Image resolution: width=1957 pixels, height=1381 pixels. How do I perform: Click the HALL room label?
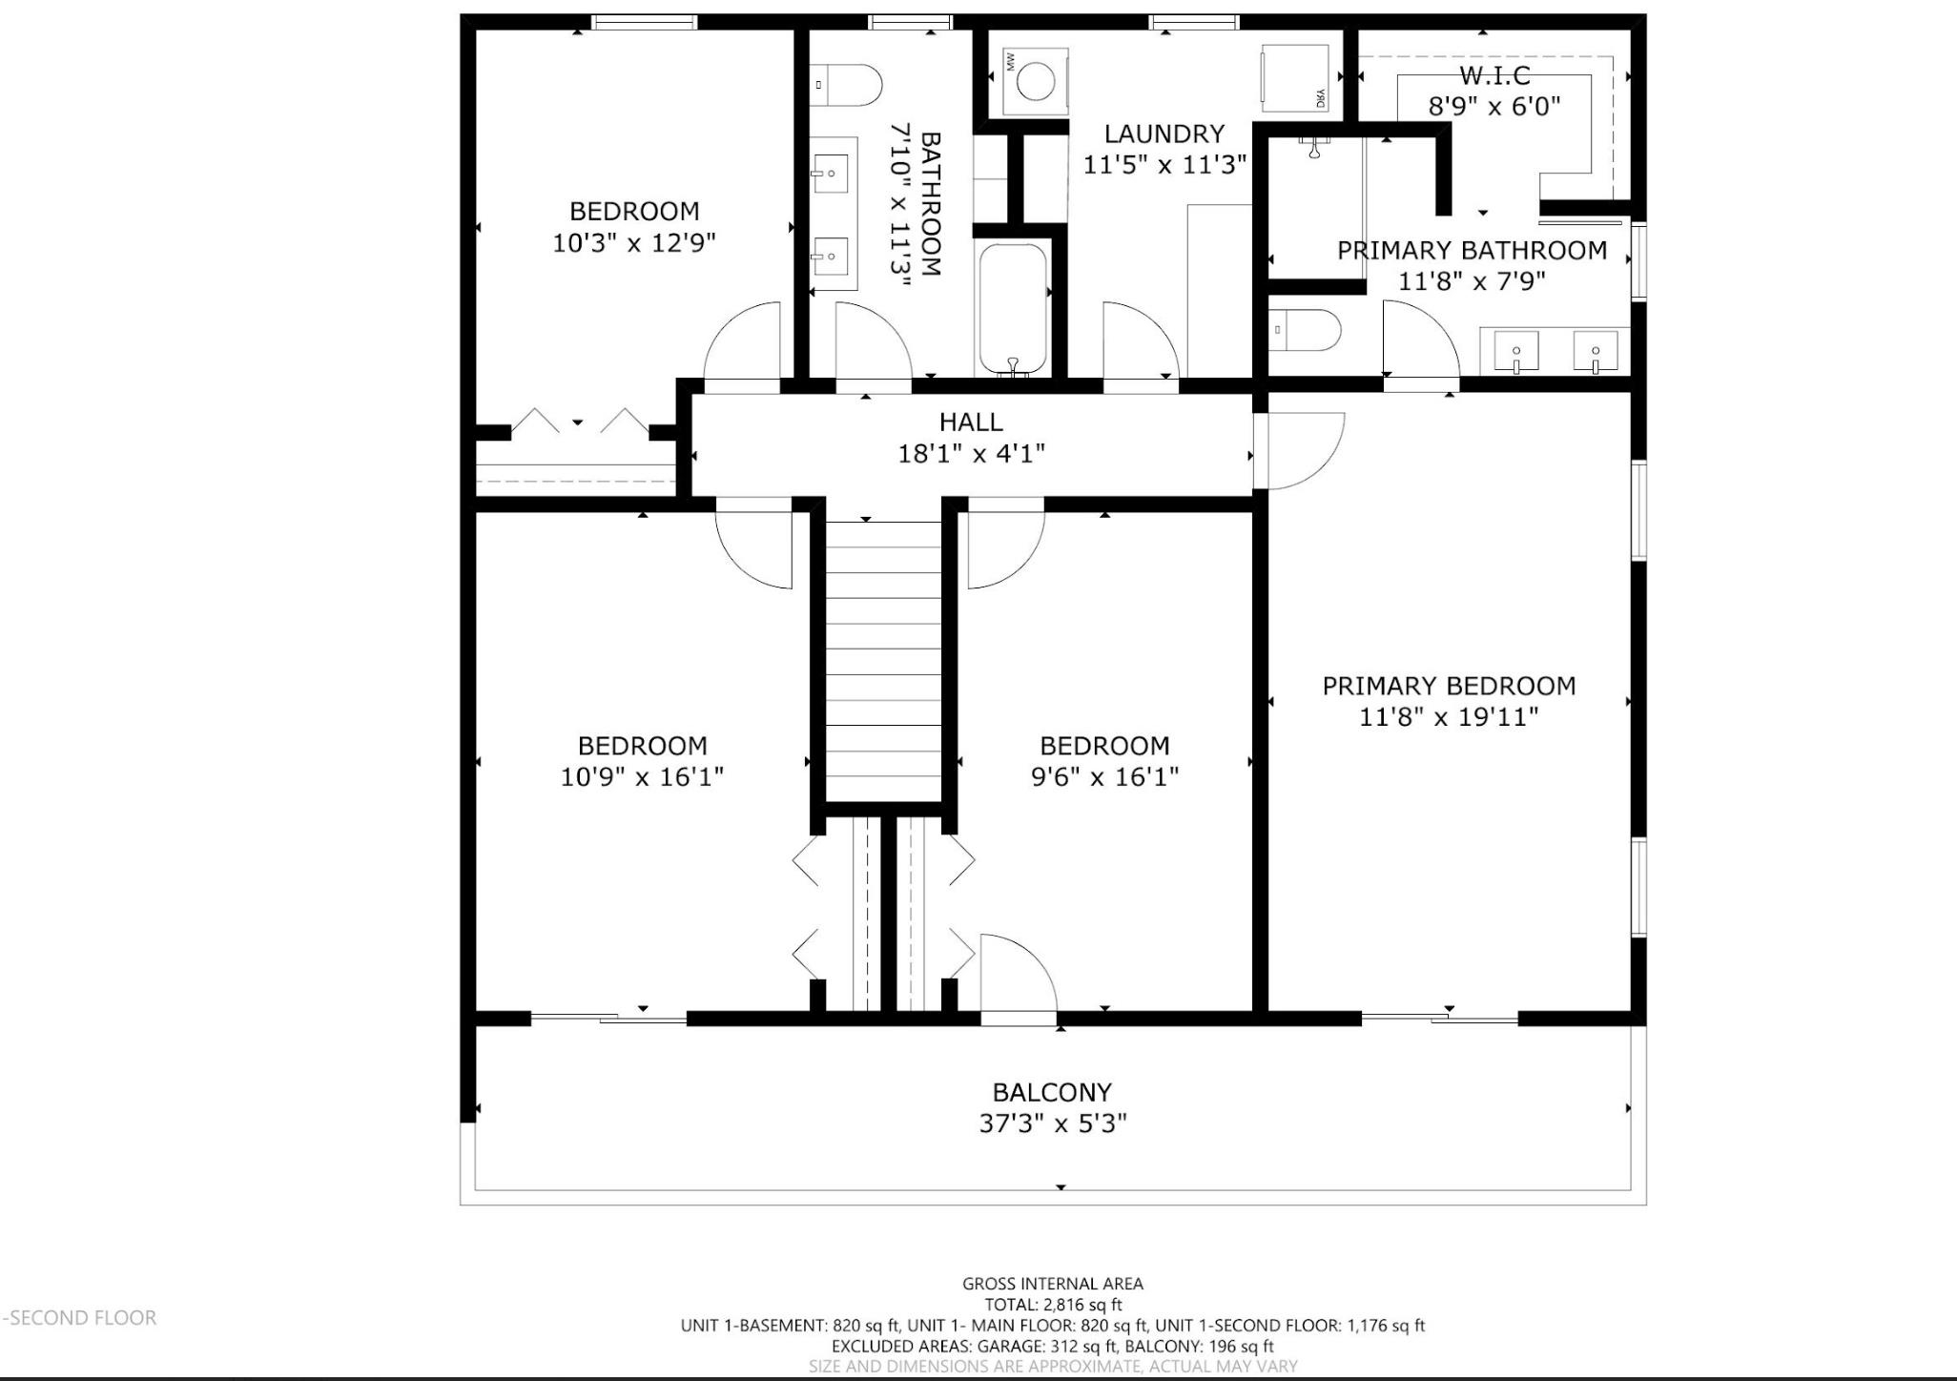pyautogui.click(x=971, y=422)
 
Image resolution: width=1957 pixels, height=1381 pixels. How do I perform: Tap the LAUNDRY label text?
pyautogui.click(x=1164, y=134)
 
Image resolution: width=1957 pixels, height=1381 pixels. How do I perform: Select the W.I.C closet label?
pyautogui.click(x=1494, y=75)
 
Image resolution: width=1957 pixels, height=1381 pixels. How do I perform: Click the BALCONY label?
pyautogui.click(x=1052, y=1092)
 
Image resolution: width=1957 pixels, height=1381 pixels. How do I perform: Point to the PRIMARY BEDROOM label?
pyautogui.click(x=1449, y=686)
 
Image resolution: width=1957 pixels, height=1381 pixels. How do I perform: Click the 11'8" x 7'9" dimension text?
pyautogui.click(x=1472, y=281)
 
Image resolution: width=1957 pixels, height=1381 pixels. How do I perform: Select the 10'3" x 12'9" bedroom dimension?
pyautogui.click(x=634, y=242)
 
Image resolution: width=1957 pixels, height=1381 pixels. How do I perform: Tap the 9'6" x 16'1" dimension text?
pyautogui.click(x=1104, y=776)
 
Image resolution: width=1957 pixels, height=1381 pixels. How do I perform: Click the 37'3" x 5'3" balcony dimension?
pyautogui.click(x=1053, y=1123)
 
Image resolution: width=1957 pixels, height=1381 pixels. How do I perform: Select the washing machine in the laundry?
pyautogui.click(x=1035, y=81)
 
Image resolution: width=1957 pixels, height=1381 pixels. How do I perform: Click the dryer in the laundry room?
pyautogui.click(x=1295, y=78)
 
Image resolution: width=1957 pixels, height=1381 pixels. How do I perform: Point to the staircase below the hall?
pyautogui.click(x=883, y=662)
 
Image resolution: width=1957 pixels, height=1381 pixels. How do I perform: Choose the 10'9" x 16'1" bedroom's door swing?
pyautogui.click(x=753, y=550)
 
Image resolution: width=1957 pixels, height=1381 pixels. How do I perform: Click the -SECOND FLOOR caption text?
pyautogui.click(x=80, y=1317)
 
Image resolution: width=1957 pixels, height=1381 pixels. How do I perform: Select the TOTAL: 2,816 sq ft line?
pyautogui.click(x=1053, y=1305)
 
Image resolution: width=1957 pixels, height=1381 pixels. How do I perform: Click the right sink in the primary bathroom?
pyautogui.click(x=1596, y=352)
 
